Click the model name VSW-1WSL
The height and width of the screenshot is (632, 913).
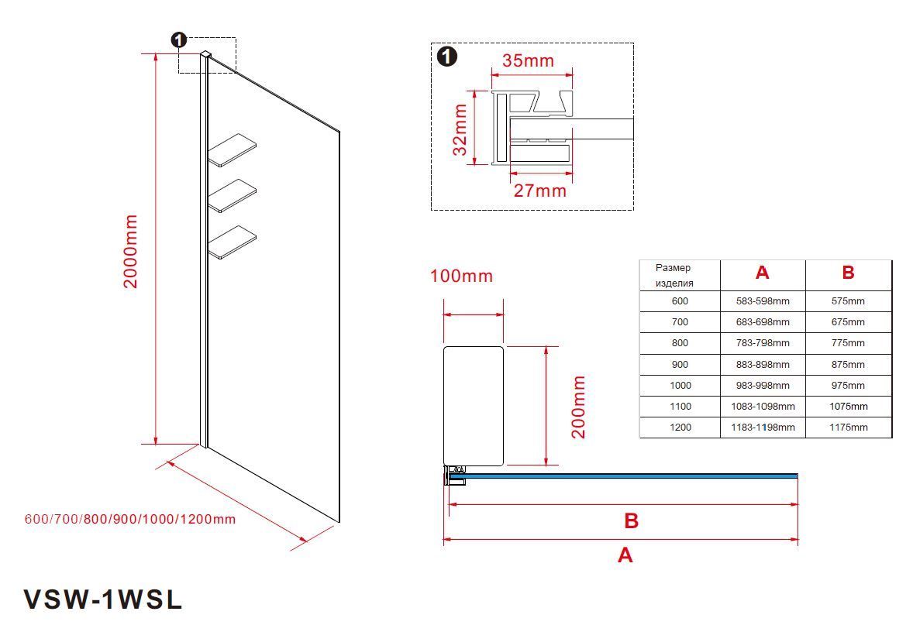(x=103, y=599)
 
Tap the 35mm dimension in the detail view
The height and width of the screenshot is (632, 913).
(x=528, y=60)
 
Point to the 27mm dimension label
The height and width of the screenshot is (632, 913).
(x=540, y=190)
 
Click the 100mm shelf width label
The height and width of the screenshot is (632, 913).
(x=461, y=276)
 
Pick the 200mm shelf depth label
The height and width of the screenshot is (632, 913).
(x=579, y=407)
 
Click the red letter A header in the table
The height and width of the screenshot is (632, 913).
(x=762, y=273)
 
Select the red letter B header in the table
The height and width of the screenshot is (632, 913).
(x=848, y=273)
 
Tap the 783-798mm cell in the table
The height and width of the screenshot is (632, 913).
(x=763, y=343)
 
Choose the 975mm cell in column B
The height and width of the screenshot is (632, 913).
(x=848, y=386)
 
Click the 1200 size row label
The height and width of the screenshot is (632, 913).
(x=679, y=428)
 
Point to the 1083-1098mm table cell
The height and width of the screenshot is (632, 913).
(x=763, y=407)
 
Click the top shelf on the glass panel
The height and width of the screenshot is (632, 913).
(x=232, y=149)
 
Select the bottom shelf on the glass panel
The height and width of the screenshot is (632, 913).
(x=232, y=242)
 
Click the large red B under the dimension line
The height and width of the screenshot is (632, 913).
(x=631, y=521)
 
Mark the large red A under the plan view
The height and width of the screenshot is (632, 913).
(x=625, y=555)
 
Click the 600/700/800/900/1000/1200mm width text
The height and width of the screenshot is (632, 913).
(x=130, y=519)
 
